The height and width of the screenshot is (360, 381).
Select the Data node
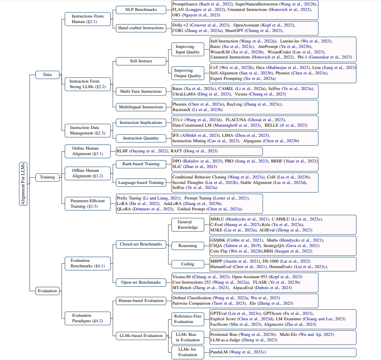click(x=47, y=74)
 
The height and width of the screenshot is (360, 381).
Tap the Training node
click(x=47, y=177)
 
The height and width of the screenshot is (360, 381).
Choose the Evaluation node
click(x=47, y=291)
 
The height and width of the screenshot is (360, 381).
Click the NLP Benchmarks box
click(x=140, y=10)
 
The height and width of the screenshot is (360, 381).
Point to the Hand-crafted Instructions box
click(x=140, y=28)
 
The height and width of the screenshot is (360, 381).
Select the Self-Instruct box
click(x=140, y=61)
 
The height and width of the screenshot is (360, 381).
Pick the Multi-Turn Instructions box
click(x=140, y=91)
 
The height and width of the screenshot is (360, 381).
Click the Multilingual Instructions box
click(x=140, y=107)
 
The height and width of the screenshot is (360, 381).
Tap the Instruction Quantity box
click(x=140, y=138)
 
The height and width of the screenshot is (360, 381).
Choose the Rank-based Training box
click(x=140, y=164)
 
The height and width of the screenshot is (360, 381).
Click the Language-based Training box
click(x=140, y=182)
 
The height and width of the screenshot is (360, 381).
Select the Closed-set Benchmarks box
click(x=140, y=244)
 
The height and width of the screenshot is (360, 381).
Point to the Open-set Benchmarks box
click(x=140, y=282)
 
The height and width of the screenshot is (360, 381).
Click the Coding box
click(x=188, y=264)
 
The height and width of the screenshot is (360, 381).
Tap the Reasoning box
click(x=188, y=246)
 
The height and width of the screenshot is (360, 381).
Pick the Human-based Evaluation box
click(x=140, y=300)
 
